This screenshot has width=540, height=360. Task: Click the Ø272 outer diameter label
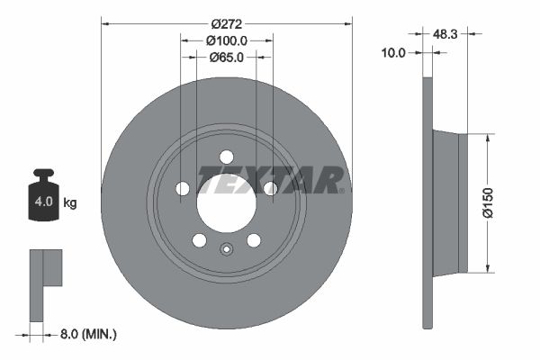point(226,23)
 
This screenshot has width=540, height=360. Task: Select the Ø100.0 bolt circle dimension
point(226,40)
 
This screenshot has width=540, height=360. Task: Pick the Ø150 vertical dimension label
point(488,202)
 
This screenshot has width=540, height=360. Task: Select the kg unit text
point(70,202)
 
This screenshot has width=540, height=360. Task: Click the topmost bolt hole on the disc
point(226,157)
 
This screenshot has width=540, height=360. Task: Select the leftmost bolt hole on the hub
point(183,188)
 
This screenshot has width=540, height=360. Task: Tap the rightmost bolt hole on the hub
point(269,188)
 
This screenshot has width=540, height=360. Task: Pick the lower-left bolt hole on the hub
point(199,239)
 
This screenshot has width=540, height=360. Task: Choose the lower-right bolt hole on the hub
point(253,239)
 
